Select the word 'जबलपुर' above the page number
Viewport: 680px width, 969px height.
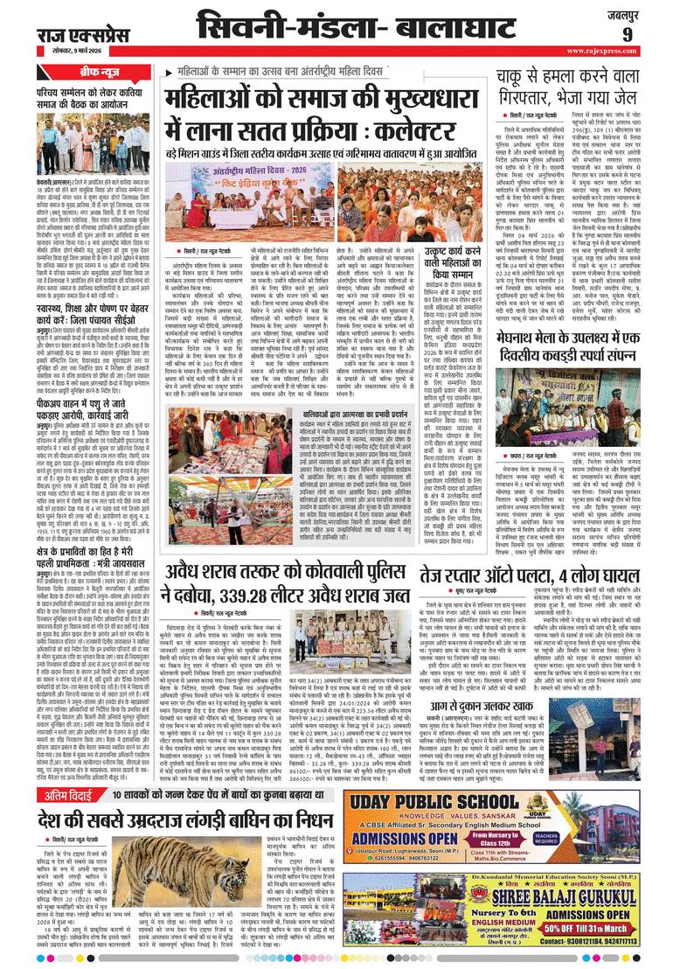point(649,12)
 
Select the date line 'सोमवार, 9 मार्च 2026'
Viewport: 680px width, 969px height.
point(74,51)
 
